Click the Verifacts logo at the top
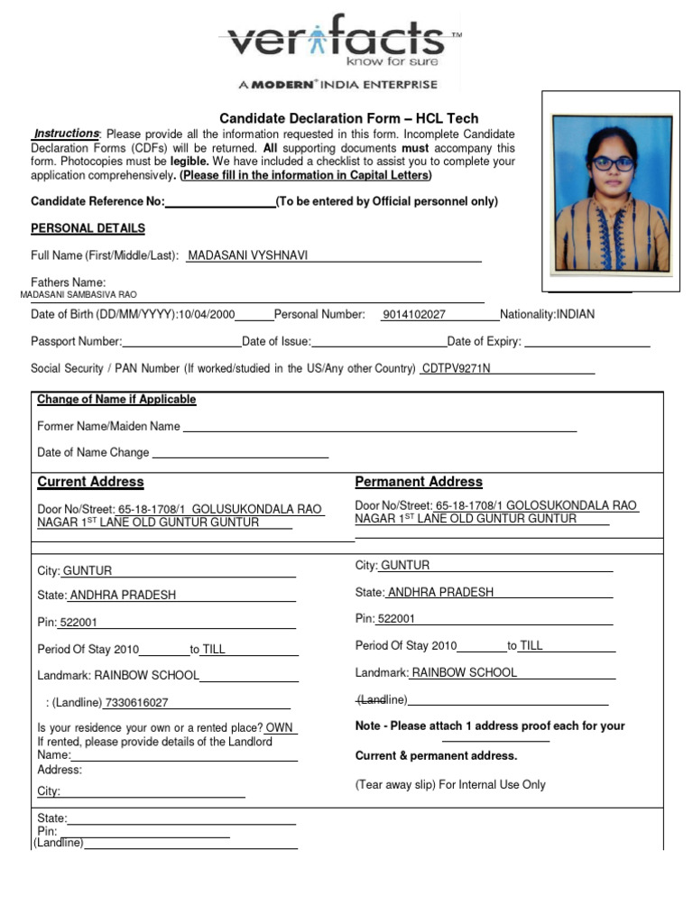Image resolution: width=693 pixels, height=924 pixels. click(x=338, y=42)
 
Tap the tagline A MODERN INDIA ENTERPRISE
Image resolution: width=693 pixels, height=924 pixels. click(x=337, y=84)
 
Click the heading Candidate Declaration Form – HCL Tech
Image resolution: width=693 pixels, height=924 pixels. click(x=350, y=118)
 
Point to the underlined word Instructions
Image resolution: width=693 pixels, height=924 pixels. click(x=67, y=134)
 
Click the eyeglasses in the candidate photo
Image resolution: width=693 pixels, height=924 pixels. click(x=613, y=163)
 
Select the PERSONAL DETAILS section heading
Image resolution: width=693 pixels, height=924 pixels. click(x=88, y=228)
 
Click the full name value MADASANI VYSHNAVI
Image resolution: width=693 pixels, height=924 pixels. click(x=247, y=255)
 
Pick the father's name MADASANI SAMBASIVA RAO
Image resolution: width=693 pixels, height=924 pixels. click(x=79, y=295)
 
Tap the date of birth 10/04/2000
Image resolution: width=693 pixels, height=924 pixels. click(x=207, y=315)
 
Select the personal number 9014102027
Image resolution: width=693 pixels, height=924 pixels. click(x=413, y=315)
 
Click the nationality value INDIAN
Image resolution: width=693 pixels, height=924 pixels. click(x=575, y=315)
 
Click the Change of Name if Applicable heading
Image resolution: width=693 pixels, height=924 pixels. click(x=116, y=400)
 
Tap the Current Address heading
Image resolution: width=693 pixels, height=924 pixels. click(x=90, y=482)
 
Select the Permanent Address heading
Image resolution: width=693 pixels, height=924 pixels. click(x=419, y=482)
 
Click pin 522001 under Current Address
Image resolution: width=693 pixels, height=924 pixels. click(x=79, y=623)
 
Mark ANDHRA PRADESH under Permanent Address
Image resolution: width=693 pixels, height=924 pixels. click(x=440, y=593)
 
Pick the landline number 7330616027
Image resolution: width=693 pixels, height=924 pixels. click(x=136, y=703)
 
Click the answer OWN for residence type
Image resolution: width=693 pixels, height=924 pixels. click(x=279, y=727)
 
